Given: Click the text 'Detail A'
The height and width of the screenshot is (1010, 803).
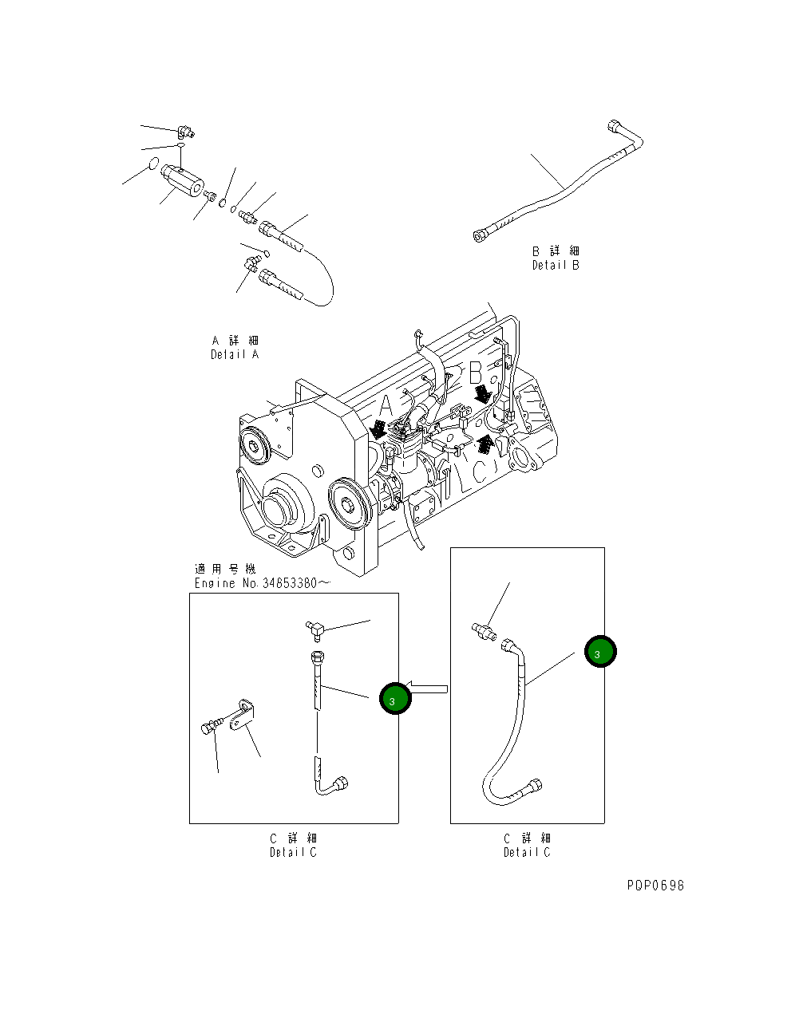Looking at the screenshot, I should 235,354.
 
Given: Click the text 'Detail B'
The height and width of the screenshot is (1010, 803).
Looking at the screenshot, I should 556,265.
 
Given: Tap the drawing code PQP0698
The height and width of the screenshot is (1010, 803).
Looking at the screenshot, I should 655,885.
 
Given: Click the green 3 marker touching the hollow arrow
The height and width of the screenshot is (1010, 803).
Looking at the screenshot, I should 394,700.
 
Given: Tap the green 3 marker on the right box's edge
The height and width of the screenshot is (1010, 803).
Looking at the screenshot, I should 599,653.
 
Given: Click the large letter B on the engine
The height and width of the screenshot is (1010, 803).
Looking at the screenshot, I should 476,372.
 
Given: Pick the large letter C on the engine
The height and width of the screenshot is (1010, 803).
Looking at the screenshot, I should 479,471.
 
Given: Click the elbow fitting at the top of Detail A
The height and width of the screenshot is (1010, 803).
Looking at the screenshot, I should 186,132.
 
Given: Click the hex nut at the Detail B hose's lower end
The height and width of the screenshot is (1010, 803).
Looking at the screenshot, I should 481,235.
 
